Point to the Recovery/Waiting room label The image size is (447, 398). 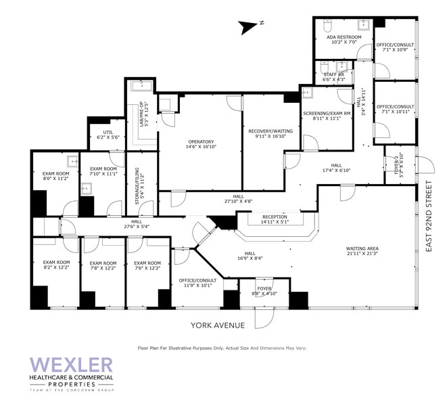(265, 133)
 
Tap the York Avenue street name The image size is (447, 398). (218, 325)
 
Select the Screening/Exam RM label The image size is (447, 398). (327, 116)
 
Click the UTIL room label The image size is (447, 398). (108, 135)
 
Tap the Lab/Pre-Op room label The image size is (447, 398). (142, 113)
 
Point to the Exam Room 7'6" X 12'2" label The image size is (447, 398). (147, 265)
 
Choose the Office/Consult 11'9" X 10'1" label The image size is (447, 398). (197, 283)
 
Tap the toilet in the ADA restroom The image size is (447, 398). (326, 29)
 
